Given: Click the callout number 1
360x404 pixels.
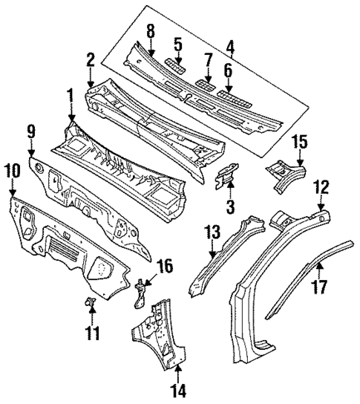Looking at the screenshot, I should (71, 96).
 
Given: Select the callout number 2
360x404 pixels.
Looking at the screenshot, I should (90, 60).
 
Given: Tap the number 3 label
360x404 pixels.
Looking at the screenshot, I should (230, 205).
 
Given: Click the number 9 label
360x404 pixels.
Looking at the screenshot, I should (32, 133).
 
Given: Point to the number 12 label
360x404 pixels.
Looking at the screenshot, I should (321, 186).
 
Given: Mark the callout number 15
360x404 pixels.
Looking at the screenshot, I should (300, 141).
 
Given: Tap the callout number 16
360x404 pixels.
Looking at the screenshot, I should (166, 264).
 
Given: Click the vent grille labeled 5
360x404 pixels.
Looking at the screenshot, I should (173, 62).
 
